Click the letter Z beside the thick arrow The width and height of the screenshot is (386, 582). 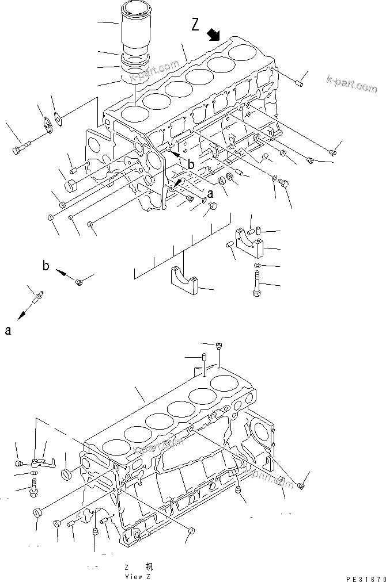coord(195,24)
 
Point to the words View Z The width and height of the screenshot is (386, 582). coord(137,576)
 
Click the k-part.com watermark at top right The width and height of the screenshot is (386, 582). coord(351,84)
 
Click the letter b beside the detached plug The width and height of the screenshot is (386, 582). coord(46,266)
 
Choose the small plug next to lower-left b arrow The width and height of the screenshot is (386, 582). coord(79,281)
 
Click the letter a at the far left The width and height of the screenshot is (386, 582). coord(7,330)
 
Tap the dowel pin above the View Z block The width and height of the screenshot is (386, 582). coord(204,365)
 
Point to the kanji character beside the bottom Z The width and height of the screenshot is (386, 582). coord(149,567)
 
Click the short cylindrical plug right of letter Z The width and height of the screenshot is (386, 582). coord(299,85)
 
